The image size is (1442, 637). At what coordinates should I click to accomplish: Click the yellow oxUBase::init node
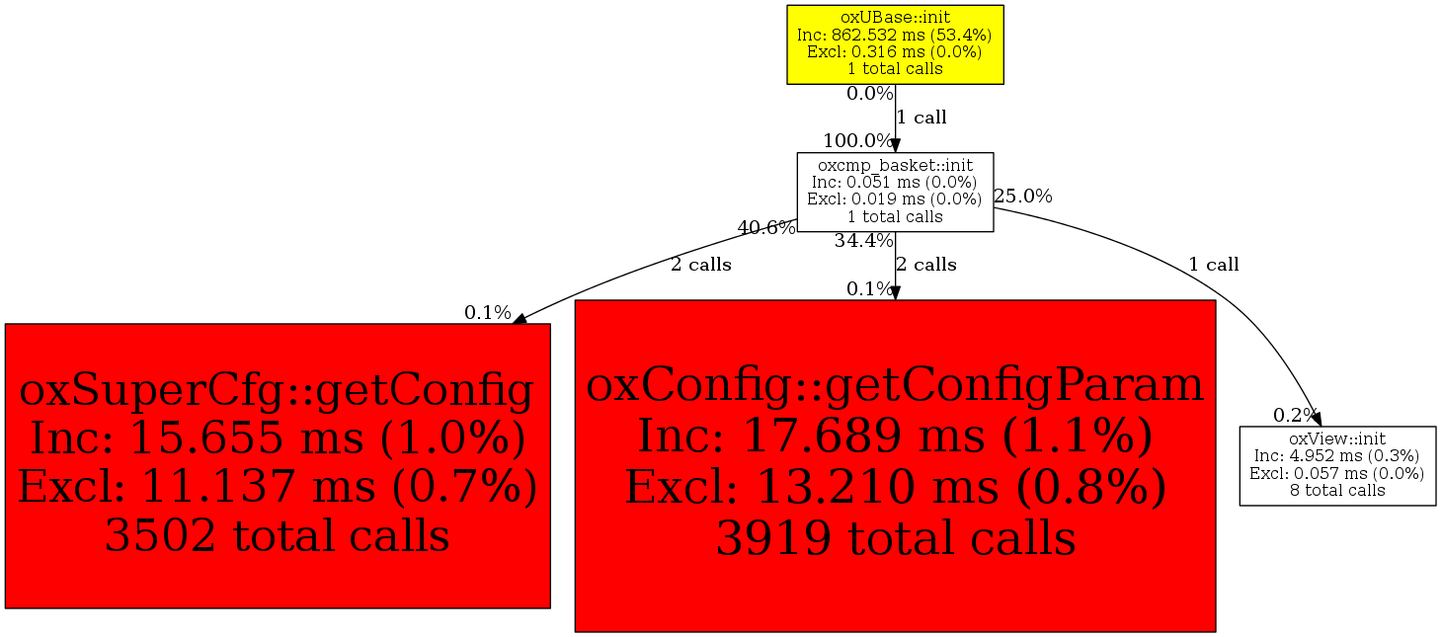coord(895,44)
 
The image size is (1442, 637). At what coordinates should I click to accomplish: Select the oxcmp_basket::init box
coord(895,192)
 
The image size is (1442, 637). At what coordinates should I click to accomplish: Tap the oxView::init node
coord(1337,465)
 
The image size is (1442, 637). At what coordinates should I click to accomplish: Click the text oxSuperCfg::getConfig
coord(277,390)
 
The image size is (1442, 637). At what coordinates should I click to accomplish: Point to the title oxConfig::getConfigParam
coord(895,385)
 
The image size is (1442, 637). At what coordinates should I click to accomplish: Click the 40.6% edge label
coord(766,228)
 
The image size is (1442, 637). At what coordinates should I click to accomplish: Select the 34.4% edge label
coord(864,241)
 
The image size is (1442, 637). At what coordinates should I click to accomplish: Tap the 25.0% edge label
coord(1023,197)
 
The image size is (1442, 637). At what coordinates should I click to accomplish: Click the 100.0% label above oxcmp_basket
coord(858,140)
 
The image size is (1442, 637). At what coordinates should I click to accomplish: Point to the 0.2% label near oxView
coord(1296,415)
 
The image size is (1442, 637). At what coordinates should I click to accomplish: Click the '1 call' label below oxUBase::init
coord(921,118)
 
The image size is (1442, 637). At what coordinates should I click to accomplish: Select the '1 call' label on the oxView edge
coord(1214,265)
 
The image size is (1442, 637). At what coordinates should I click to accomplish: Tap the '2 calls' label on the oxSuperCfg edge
coord(701,265)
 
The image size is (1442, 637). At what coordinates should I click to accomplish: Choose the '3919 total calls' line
coord(895,537)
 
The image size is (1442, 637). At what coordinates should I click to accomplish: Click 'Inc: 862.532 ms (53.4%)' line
coord(895,35)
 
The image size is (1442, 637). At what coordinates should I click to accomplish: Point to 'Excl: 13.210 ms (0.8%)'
coord(895,487)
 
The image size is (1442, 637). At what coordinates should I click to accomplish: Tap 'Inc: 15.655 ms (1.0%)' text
coord(277,438)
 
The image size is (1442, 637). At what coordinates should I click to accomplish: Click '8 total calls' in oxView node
coord(1337,490)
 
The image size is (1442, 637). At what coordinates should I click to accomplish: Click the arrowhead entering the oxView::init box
coord(1316,420)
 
